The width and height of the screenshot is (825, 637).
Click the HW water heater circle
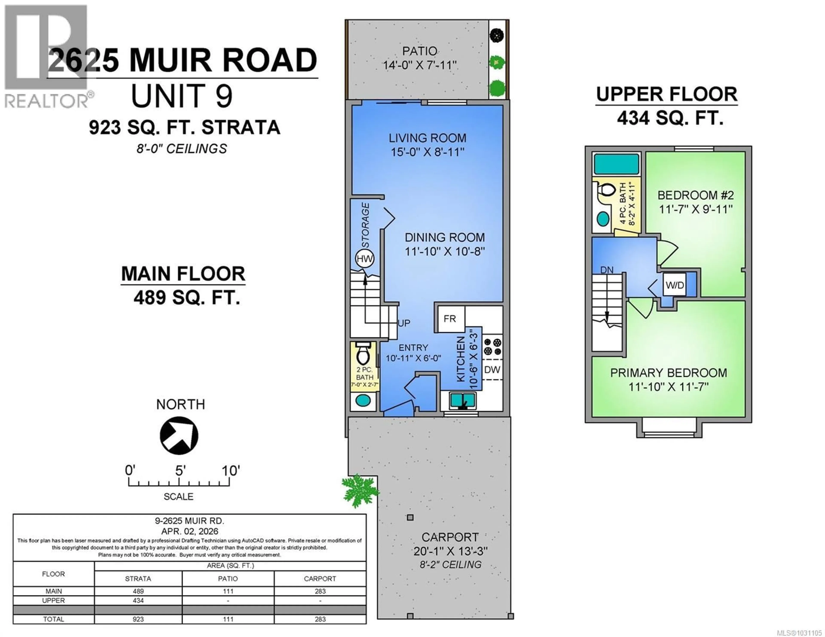365,259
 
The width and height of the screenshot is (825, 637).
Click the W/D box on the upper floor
675,285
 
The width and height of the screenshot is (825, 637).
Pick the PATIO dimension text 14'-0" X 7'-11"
420,65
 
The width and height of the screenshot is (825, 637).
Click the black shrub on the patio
497,35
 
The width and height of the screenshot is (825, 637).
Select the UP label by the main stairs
404,323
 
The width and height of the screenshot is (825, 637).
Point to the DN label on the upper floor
607,270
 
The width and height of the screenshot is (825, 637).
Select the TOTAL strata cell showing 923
138,619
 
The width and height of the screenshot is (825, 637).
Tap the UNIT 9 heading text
182,96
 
